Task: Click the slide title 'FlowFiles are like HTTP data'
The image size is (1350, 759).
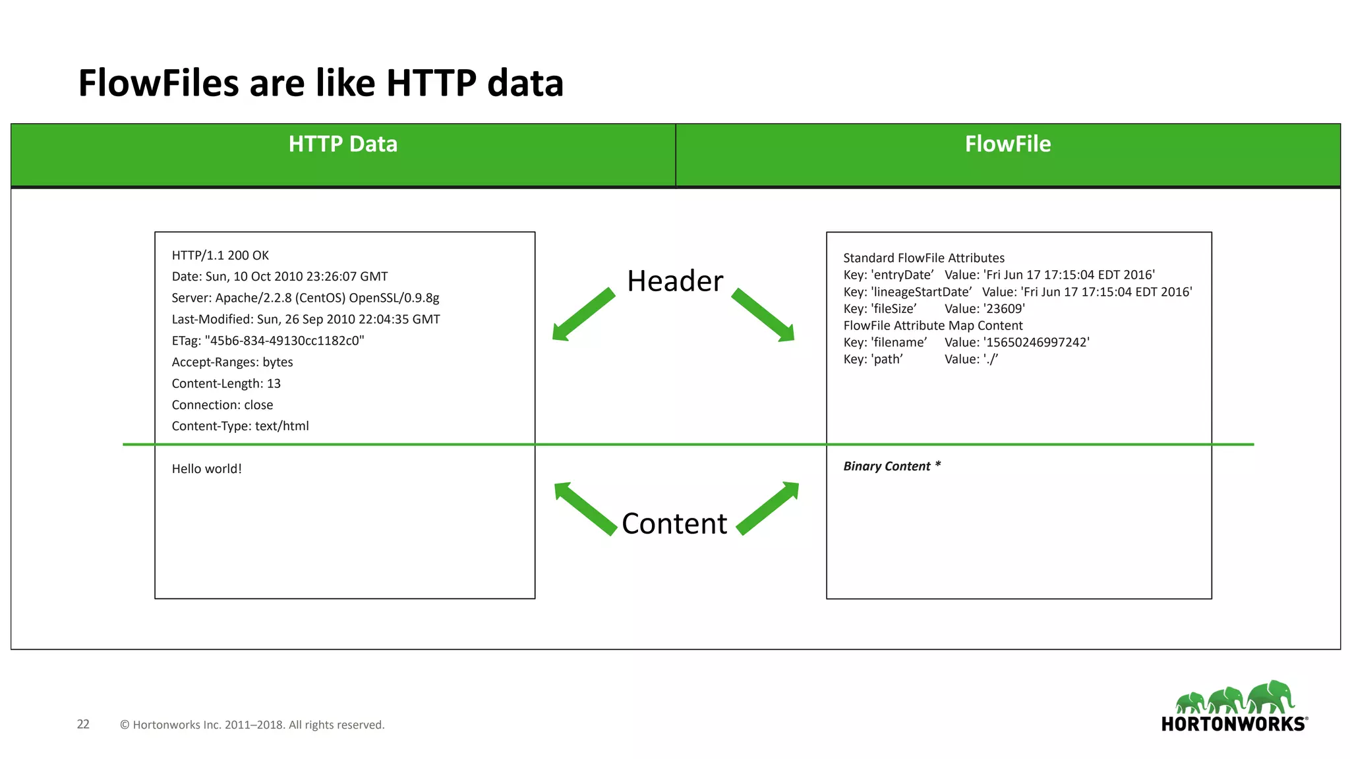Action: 321,83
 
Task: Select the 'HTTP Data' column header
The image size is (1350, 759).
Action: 343,144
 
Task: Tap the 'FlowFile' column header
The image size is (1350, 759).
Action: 1007,144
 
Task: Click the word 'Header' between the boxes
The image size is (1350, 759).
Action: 675,281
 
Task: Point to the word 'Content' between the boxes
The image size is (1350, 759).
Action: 674,524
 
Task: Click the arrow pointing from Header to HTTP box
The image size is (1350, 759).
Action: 583,315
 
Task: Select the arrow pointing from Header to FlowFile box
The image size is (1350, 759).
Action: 763,316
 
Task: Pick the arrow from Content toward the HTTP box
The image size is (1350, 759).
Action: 584,508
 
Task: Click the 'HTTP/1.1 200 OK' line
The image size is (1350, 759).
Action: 220,256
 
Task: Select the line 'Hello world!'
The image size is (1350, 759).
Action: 206,469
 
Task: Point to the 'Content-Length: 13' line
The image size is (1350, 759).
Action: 226,383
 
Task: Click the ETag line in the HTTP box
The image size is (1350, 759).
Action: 268,341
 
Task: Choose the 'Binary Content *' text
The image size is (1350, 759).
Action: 892,466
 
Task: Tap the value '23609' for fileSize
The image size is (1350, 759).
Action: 1004,309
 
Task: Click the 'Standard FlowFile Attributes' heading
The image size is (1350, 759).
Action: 924,258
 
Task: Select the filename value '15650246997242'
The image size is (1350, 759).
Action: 1036,343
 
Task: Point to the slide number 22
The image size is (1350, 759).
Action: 83,724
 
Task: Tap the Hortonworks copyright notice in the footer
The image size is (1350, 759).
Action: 252,725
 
